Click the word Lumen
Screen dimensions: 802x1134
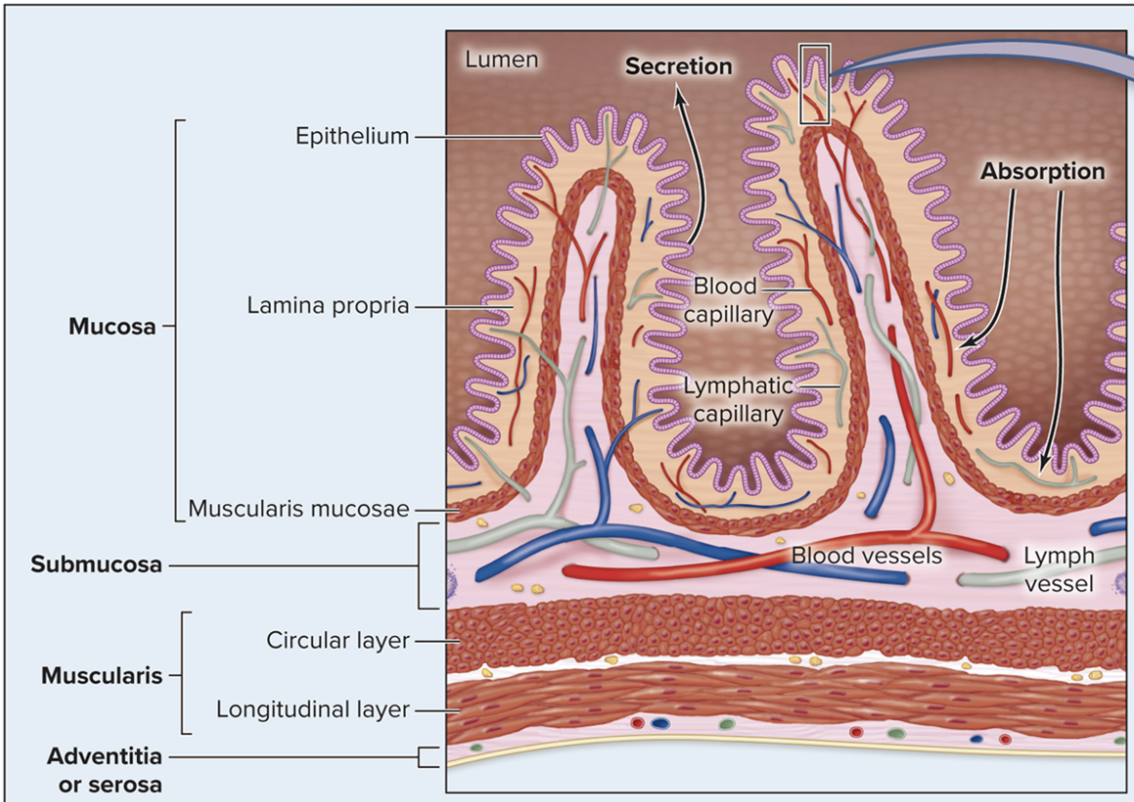tap(501, 59)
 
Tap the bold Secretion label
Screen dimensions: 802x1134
tap(679, 66)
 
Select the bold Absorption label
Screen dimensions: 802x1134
tap(1042, 171)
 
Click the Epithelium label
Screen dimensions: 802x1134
tap(352, 136)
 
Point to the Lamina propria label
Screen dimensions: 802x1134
tap(327, 306)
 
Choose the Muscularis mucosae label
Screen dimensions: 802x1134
tap(298, 509)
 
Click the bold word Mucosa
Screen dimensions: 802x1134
tap(112, 326)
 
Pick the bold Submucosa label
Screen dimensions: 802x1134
tap(96, 564)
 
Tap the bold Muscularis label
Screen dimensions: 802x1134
tap(101, 676)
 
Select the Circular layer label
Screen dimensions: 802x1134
tap(338, 641)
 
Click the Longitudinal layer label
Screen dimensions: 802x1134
tap(313, 710)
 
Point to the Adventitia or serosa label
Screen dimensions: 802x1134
tap(104, 769)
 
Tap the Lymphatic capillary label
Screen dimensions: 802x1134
tap(738, 399)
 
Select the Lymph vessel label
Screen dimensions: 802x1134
tap(1058, 569)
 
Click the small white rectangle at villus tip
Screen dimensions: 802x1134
tap(814, 84)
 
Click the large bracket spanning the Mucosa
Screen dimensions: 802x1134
tap(178, 320)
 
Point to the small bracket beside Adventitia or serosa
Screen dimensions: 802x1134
tap(426, 756)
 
